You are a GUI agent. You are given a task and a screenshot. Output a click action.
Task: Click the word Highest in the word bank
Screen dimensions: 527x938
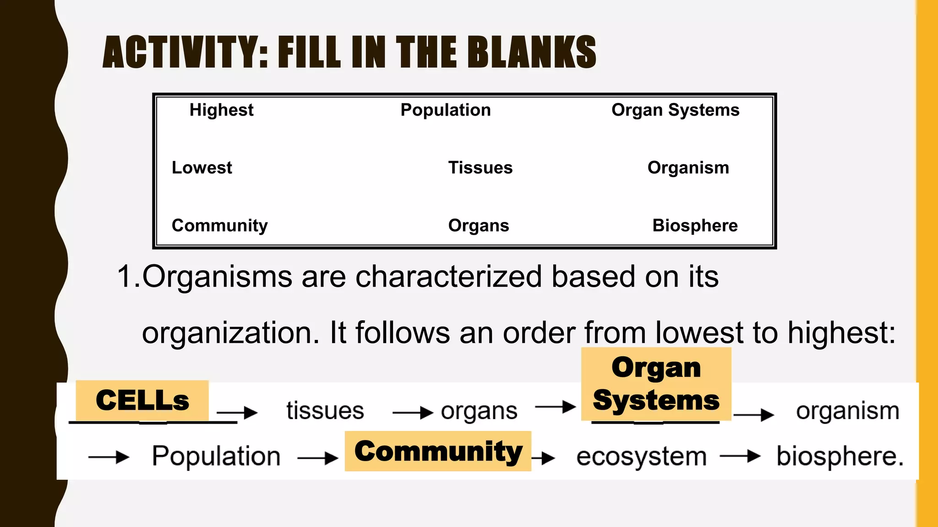point(221,110)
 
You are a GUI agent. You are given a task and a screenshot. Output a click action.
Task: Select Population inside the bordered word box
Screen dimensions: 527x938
point(445,110)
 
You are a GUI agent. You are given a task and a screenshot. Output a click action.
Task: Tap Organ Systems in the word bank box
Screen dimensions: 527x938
point(675,110)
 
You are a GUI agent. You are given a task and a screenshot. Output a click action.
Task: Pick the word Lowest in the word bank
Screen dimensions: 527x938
point(202,168)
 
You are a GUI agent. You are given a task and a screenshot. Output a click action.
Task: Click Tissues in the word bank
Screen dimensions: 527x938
point(480,168)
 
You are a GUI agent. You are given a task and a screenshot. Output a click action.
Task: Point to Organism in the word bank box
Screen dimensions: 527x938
point(688,168)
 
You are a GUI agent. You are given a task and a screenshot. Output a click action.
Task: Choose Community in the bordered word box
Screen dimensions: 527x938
point(219,226)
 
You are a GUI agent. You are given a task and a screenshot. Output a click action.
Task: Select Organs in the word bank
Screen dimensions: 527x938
point(478,226)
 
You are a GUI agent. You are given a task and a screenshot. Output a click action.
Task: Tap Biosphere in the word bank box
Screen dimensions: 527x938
point(695,226)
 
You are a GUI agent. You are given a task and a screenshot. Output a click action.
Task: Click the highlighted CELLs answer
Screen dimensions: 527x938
point(142,400)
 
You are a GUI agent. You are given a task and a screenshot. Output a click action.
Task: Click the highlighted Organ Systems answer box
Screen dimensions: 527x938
point(656,384)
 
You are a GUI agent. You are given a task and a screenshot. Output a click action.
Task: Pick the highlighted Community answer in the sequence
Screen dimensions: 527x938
point(438,451)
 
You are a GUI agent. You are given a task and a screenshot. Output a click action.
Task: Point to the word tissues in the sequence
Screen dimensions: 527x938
point(325,410)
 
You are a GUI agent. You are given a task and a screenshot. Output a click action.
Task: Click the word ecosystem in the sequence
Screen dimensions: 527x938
point(641,457)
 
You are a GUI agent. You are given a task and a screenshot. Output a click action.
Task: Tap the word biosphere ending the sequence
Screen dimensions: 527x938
point(840,457)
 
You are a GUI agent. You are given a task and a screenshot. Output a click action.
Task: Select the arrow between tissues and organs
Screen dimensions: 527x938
point(412,413)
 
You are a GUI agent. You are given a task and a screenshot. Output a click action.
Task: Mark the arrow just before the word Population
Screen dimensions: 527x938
point(109,457)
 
